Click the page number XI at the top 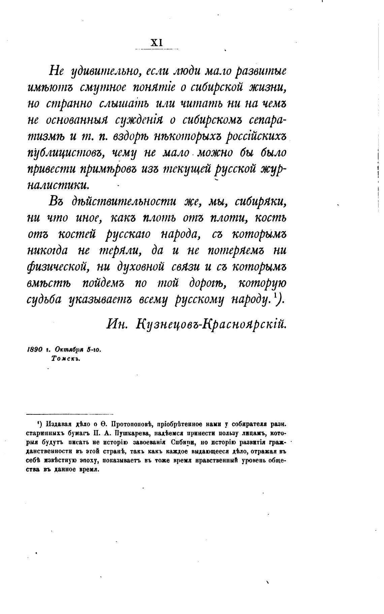(x=157, y=43)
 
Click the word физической (x=57, y=267)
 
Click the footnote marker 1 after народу (x=275, y=295)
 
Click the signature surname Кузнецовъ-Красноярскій (x=211, y=324)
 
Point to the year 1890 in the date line (x=34, y=350)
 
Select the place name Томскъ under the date (x=65, y=359)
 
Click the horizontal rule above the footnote (x=70, y=414)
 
